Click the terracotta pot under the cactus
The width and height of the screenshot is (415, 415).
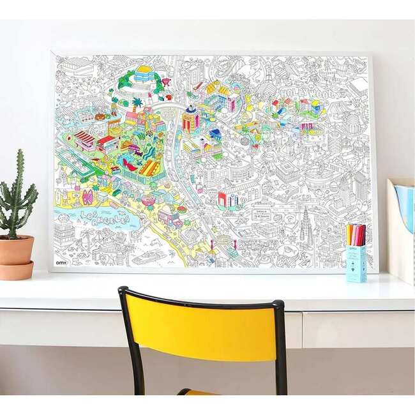(17, 253)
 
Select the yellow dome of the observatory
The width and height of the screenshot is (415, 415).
(143, 70)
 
